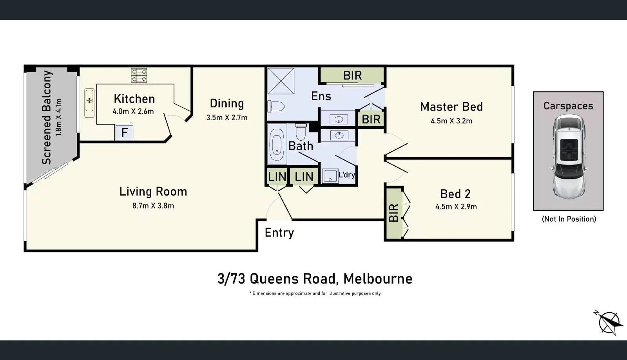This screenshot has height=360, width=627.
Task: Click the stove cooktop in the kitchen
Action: click(139, 75)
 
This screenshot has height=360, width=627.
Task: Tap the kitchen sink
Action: click(89, 103)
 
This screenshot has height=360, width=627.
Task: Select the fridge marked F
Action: click(124, 132)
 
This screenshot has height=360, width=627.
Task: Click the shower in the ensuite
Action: click(281, 81)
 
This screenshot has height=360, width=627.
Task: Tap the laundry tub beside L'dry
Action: click(330, 176)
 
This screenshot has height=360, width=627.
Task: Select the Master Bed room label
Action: click(451, 107)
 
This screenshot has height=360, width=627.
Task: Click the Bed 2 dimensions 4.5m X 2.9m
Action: click(456, 207)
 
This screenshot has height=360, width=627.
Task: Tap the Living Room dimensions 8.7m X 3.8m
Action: click(153, 206)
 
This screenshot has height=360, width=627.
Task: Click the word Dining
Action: click(227, 103)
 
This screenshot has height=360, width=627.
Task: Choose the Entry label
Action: click(279, 233)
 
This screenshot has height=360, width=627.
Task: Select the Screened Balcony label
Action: click(47, 118)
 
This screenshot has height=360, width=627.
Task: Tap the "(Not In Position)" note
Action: click(569, 219)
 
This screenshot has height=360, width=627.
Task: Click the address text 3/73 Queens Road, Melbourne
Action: click(315, 279)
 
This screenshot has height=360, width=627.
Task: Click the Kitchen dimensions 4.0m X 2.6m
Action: click(133, 111)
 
